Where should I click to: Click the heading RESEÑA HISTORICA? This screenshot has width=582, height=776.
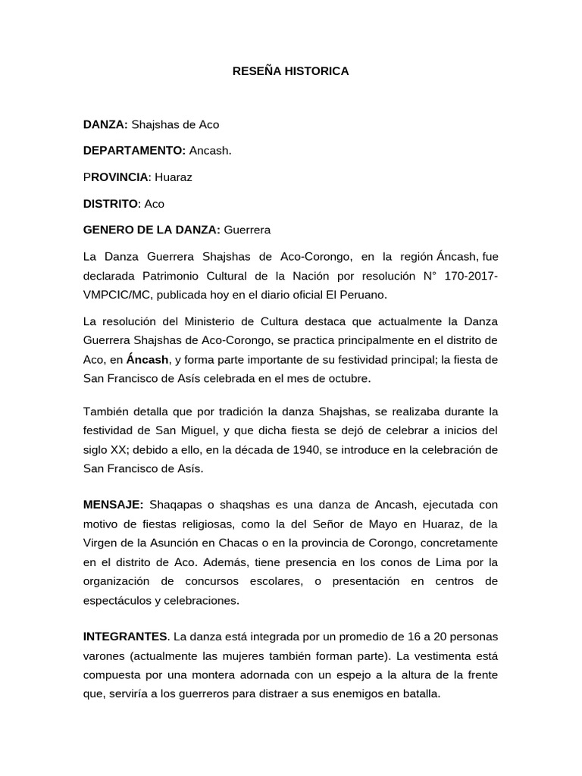(x=290, y=71)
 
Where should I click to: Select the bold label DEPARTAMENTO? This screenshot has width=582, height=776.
(x=134, y=150)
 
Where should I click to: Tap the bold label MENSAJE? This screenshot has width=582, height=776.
(x=113, y=504)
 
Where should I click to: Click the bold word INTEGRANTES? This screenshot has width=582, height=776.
(x=124, y=635)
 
